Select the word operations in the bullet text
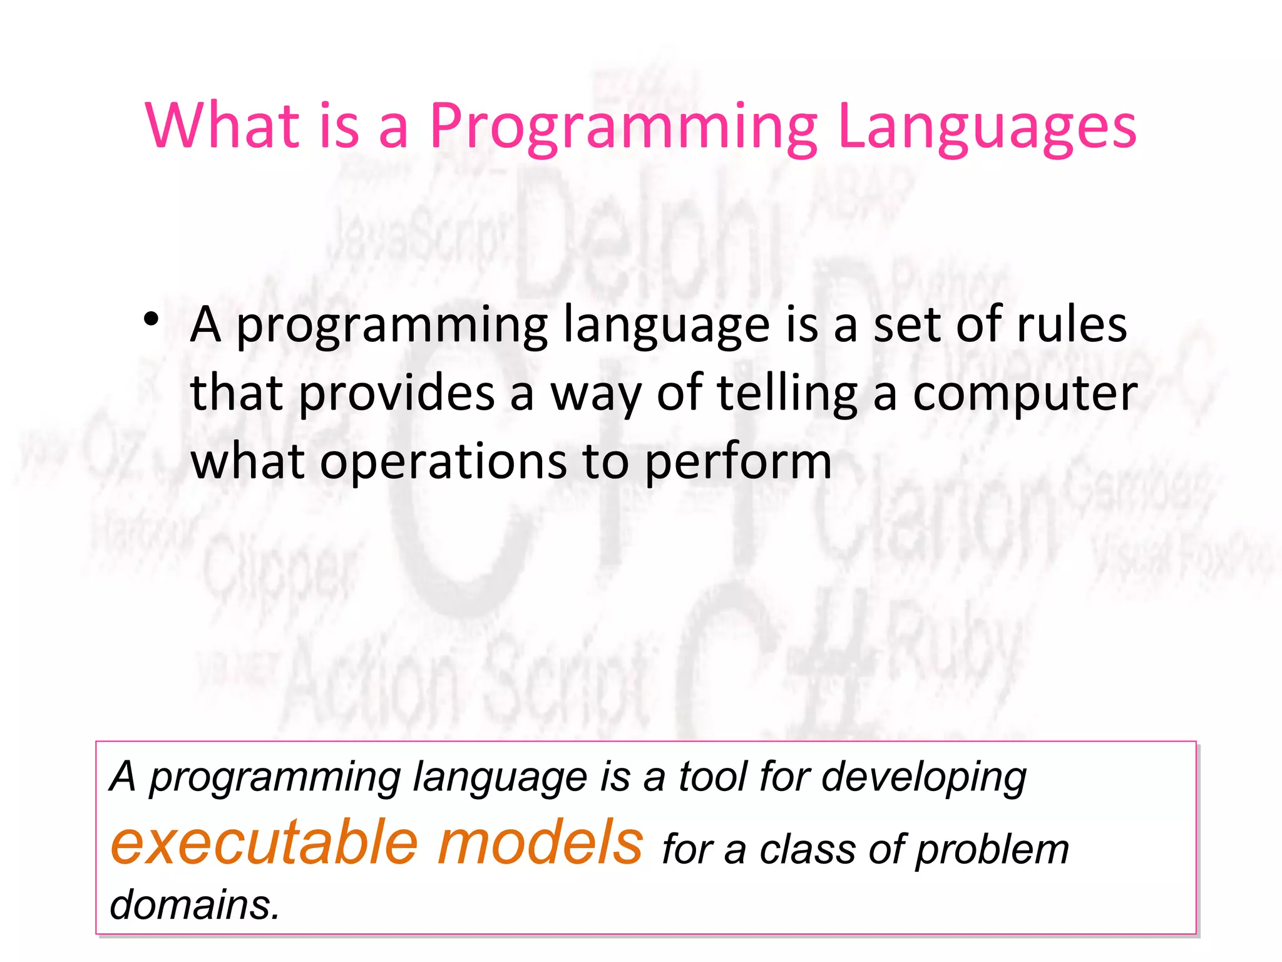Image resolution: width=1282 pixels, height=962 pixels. [x=442, y=462]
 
